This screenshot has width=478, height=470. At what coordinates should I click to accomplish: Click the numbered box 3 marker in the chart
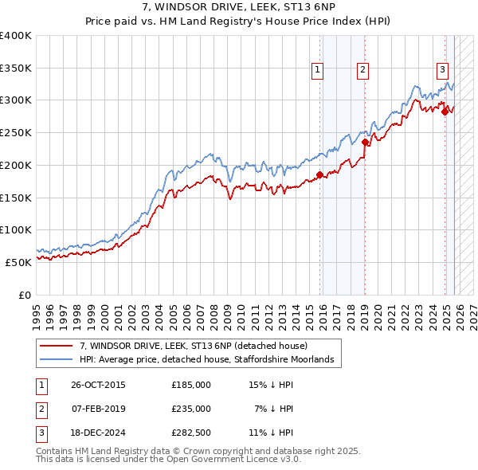[442, 69]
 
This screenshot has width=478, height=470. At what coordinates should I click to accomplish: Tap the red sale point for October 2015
[319, 174]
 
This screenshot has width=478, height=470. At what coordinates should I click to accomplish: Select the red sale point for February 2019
[364, 143]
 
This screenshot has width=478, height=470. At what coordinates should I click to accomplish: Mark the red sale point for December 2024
[445, 112]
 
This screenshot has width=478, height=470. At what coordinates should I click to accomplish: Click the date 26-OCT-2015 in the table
[98, 385]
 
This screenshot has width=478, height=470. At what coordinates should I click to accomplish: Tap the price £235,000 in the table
[191, 409]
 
